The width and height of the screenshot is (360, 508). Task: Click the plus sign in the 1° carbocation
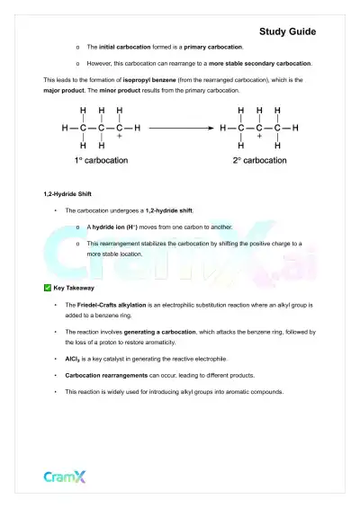coord(120,136)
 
